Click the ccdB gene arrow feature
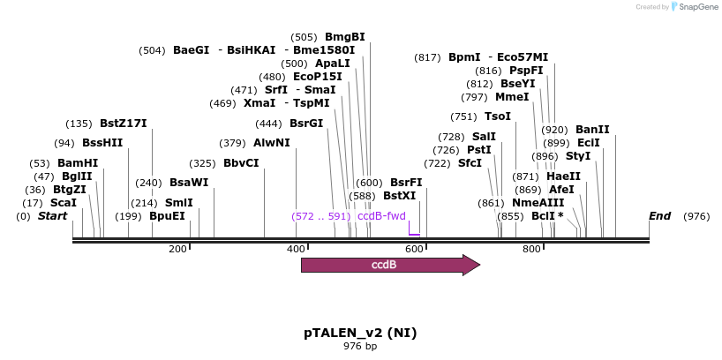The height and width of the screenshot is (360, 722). point(389,265)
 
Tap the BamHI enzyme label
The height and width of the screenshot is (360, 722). point(78,163)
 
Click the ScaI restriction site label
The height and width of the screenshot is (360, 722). point(64,202)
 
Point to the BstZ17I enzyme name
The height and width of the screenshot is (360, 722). point(123,124)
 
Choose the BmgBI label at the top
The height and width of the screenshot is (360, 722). point(344,37)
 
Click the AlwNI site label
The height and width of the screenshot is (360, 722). point(271,143)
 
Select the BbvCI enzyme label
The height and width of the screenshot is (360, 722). point(241,163)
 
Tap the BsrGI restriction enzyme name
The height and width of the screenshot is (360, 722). point(306,124)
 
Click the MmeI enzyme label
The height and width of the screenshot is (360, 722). point(512,97)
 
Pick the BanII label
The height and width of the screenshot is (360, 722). point(592,130)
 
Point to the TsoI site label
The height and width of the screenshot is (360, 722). point(498,116)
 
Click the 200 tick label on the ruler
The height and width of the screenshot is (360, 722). point(177,250)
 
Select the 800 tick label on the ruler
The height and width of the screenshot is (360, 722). point(531,250)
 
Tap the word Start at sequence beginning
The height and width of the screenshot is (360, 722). point(52,216)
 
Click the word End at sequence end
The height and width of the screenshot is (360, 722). point(659,216)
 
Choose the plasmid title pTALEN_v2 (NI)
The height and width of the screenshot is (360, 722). point(360,333)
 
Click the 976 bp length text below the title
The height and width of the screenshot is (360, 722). point(360,346)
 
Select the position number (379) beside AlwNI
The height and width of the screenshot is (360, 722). point(232,143)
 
